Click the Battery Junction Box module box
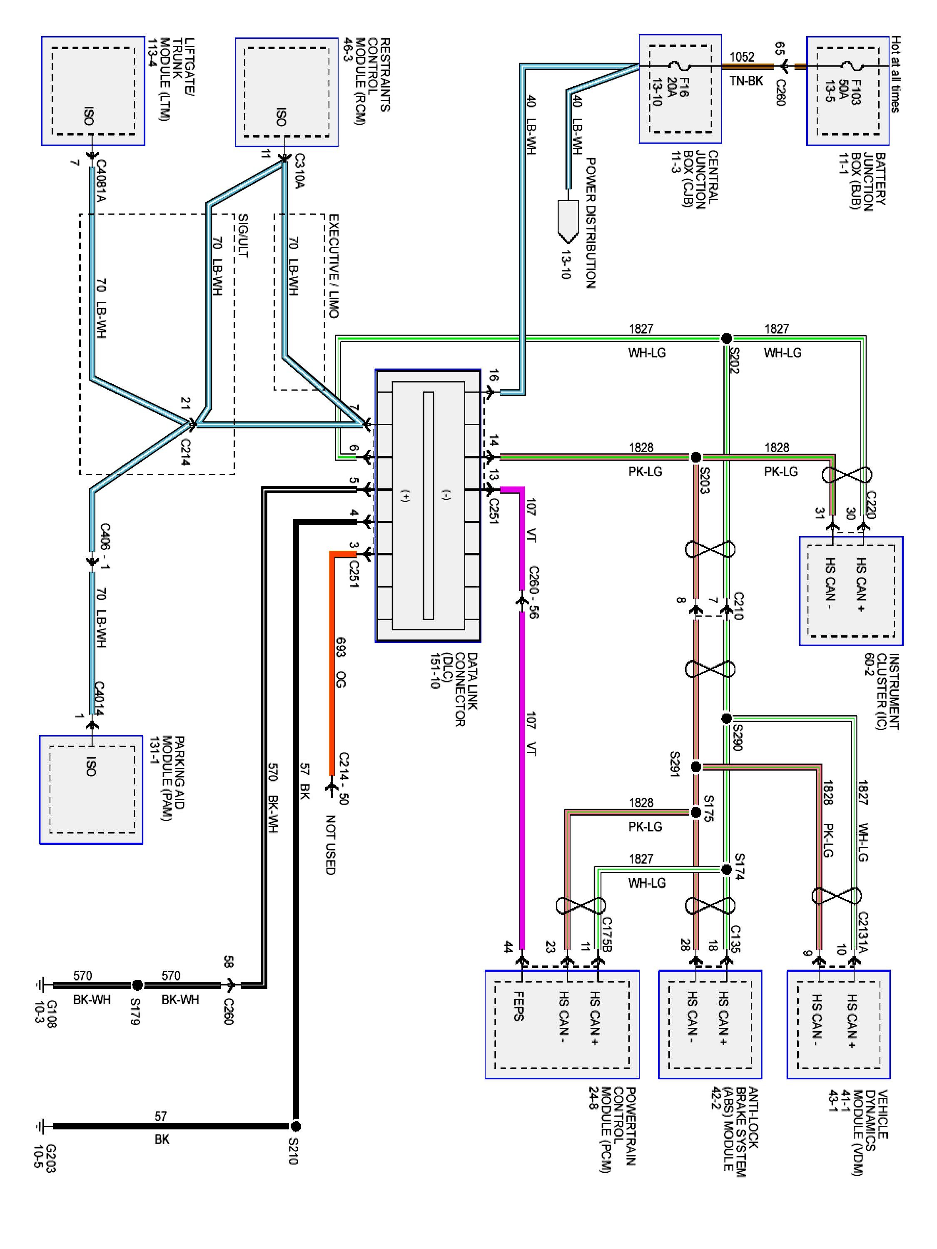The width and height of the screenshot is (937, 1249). point(847,91)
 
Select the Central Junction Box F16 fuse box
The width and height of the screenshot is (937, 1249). point(680,89)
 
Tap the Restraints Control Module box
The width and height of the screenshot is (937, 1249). point(287,92)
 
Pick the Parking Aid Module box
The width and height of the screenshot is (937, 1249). point(91,789)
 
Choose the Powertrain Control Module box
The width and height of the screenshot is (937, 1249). point(562,1024)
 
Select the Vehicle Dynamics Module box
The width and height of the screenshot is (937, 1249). point(839,1024)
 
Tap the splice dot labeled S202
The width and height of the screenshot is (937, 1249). point(727,338)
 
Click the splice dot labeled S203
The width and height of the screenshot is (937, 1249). point(696,457)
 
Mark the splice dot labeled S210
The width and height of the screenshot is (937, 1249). point(295,1127)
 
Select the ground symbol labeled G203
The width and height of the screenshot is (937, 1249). point(40,1127)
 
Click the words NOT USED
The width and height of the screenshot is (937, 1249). point(331,845)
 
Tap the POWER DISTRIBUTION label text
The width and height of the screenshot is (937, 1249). point(590,223)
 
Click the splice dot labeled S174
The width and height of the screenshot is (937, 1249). point(727,869)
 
